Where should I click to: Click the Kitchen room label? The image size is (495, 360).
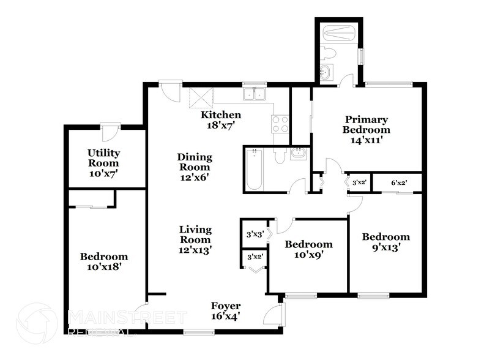221,115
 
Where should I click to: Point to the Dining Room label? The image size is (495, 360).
194,157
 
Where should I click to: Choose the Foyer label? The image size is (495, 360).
226,306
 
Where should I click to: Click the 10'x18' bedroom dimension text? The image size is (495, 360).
103,267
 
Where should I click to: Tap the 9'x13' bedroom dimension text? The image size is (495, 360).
385,248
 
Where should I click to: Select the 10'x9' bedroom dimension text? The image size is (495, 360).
308,255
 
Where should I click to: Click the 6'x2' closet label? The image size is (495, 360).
399,182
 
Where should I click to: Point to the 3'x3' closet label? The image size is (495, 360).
253,234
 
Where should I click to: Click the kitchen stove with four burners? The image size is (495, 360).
280,124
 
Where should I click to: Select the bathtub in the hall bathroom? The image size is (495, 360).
253,169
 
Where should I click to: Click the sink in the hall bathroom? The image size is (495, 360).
299,154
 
